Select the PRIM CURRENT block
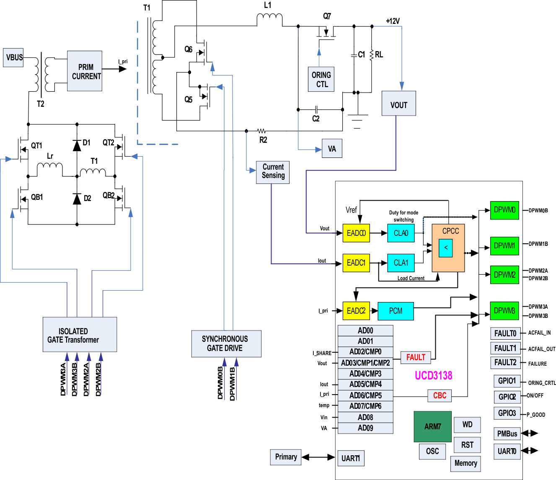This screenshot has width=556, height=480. coord(85,71)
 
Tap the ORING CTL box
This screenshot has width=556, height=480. coord(321,79)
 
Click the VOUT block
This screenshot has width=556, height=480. coord(398,104)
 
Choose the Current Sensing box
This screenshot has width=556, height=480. coord(273,172)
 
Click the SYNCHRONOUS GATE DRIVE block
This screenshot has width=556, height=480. coord(226,343)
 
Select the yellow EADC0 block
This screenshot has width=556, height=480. coord(356,233)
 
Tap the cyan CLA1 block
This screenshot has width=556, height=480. coord(401,263)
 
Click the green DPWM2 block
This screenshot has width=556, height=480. coord(504,275)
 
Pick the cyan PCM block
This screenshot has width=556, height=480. coord(396,311)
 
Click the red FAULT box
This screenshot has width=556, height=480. coord(415,357)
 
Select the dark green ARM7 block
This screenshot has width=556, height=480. coord(432,426)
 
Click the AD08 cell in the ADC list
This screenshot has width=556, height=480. coord(365,417)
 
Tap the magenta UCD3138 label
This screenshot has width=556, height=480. coord(433,375)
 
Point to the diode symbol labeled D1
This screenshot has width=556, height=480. coord(77,145)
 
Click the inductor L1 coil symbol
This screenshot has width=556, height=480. coord(269,17)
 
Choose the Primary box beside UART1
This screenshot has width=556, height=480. coord(286,457)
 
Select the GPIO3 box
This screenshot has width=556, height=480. coord(507,413)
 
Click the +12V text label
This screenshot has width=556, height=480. coord(393,21)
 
